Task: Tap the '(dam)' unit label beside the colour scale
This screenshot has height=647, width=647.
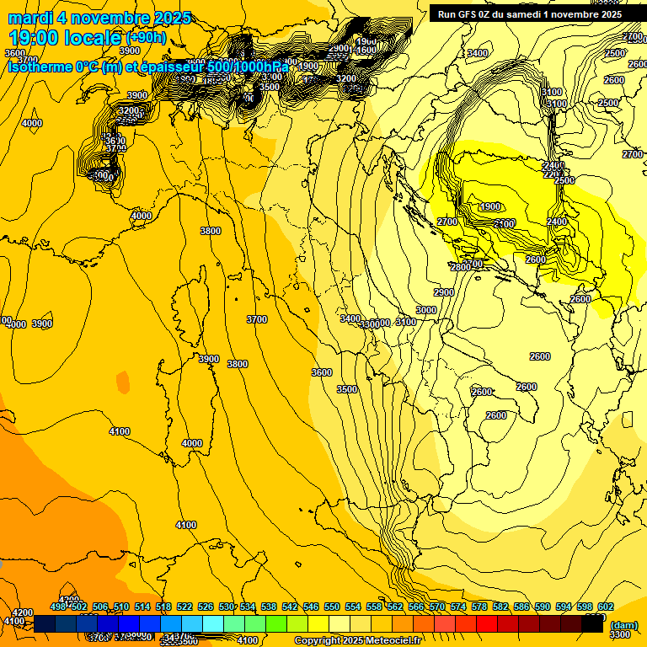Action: pos(623,624)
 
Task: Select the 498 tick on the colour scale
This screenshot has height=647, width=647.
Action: pos(58,607)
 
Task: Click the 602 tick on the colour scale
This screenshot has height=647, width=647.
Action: pos(605,607)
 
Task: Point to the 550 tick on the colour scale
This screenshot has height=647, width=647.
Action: pos(332,607)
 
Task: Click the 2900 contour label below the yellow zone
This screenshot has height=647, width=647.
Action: pos(444,292)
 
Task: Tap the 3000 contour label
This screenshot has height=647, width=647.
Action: pos(426,310)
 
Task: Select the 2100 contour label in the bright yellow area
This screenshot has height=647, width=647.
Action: pos(504,223)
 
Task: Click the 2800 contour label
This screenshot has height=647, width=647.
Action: pos(461,267)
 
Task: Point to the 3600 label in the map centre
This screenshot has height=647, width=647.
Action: pos(322,372)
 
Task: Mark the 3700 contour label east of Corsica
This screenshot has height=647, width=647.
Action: pos(257,319)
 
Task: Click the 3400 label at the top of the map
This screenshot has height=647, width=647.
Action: pos(478,53)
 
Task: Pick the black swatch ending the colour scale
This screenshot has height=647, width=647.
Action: pos(592,623)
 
